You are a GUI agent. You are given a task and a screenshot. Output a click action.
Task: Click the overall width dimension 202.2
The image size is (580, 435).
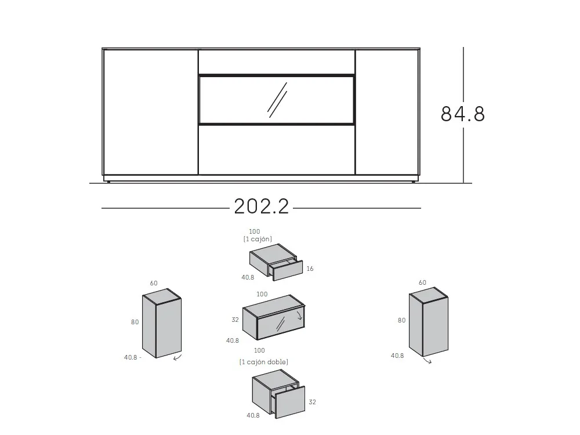(x=261, y=206)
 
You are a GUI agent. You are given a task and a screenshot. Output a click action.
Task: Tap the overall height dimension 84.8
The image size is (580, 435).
(x=463, y=114)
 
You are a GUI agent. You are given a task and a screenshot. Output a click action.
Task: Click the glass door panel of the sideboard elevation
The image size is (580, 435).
(x=277, y=100)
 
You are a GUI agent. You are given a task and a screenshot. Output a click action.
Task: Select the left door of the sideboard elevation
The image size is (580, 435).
(x=151, y=112)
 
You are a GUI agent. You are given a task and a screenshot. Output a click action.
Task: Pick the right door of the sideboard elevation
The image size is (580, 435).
(x=387, y=112)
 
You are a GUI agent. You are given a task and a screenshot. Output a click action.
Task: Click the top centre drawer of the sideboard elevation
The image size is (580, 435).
(x=277, y=62)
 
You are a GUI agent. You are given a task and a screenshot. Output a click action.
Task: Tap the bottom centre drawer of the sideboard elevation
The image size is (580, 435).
(x=277, y=150)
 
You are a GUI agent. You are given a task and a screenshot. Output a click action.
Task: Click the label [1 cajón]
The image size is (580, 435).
(x=258, y=240)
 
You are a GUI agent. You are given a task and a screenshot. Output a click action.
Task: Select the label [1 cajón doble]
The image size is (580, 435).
(x=264, y=362)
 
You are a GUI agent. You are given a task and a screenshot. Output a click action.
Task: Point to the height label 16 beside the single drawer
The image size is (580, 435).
(x=310, y=269)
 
